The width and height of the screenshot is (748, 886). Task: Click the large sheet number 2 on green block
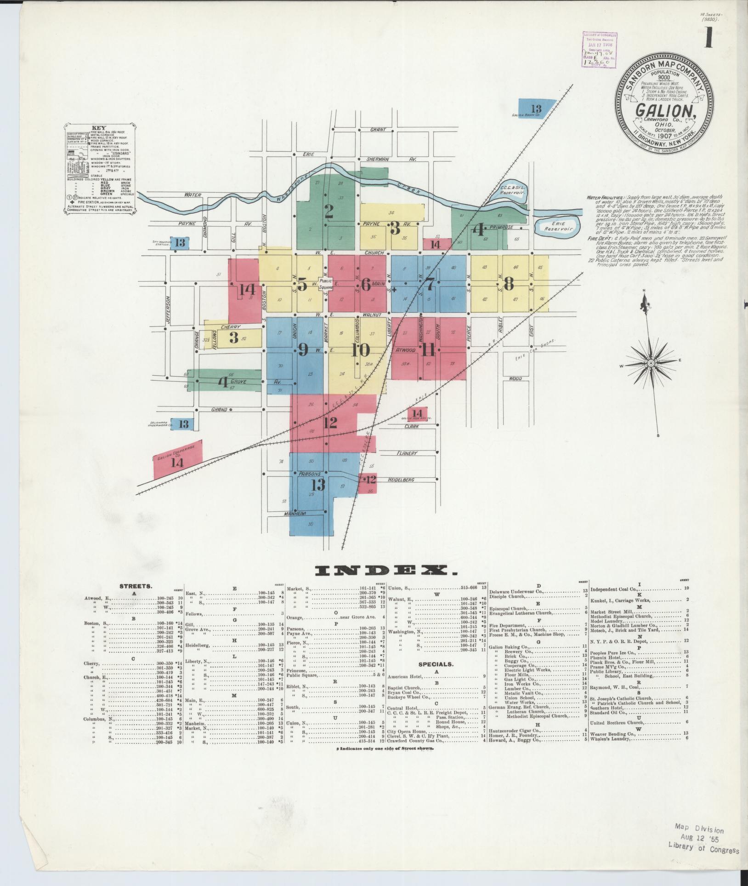tap(329, 211)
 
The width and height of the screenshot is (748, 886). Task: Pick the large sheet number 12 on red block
tap(330, 422)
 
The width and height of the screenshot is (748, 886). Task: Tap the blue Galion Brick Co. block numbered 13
tap(536, 109)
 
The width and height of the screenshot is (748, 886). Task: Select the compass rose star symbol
tap(651, 363)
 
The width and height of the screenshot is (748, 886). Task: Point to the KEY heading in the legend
tap(99, 127)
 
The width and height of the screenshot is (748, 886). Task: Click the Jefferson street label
tap(168, 311)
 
